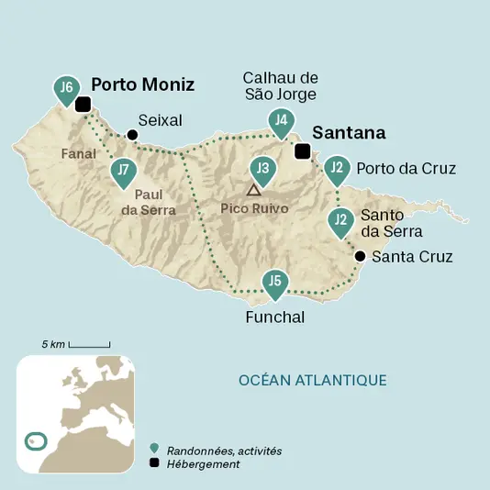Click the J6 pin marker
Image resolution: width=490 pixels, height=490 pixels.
[x=65, y=88]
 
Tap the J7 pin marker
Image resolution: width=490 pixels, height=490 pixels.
[x=123, y=170]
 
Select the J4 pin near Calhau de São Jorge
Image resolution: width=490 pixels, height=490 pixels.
[x=282, y=120]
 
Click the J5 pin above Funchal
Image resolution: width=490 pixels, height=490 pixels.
[x=273, y=284]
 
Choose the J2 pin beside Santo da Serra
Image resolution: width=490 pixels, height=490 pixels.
[x=340, y=220]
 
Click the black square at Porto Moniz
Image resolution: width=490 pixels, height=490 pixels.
[x=83, y=105]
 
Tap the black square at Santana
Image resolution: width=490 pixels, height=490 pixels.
[x=302, y=152]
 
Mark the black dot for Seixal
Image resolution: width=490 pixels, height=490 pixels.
[x=132, y=135]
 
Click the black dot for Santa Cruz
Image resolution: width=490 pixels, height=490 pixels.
[x=361, y=256]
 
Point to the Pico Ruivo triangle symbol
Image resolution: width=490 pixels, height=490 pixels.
[x=252, y=190]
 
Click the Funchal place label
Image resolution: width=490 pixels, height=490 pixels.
[x=274, y=317]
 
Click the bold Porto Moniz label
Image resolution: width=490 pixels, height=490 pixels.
[x=142, y=84]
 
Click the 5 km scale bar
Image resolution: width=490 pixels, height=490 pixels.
[x=89, y=347]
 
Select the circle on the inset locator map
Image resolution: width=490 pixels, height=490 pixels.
[x=34, y=441]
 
